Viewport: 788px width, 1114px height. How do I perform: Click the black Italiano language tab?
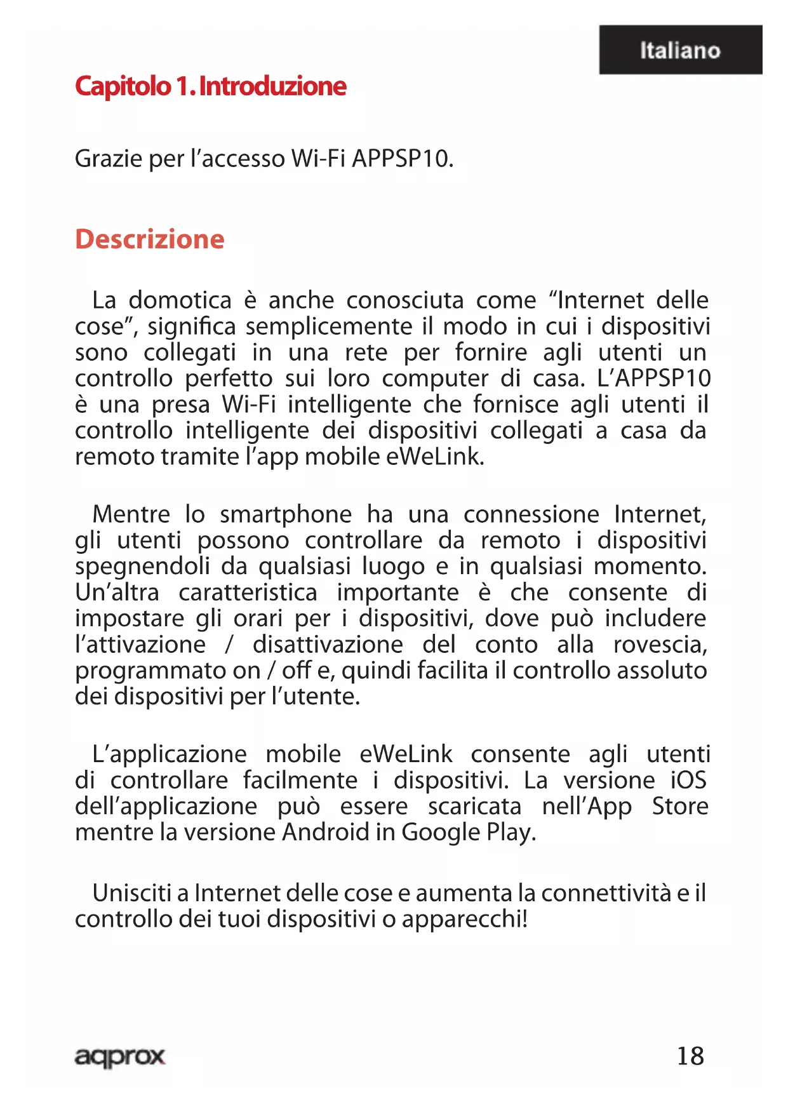680,50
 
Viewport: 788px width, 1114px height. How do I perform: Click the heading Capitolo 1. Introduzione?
210,86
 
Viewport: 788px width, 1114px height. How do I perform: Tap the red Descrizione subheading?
150,239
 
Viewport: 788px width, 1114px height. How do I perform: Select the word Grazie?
108,159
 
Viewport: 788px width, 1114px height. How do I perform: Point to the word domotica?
180,300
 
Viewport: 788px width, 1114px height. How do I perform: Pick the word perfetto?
229,379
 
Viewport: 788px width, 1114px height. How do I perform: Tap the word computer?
435,379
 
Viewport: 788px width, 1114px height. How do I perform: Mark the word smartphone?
286,515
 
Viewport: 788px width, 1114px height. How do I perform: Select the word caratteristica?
248,593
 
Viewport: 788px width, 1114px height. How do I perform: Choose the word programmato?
168,671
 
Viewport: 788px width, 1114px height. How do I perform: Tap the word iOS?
688,781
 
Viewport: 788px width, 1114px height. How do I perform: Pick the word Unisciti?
132,893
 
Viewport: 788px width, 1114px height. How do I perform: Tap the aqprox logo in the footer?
119,1057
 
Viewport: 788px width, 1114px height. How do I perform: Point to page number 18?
690,1056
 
